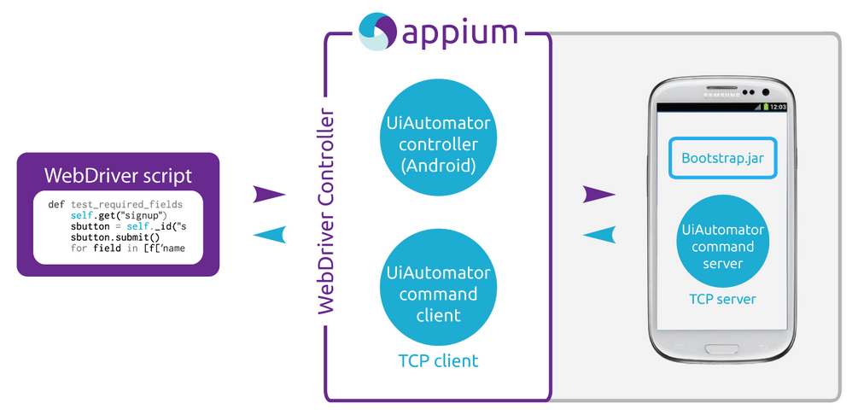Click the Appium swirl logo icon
tap(377, 32)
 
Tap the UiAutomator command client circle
tap(438, 294)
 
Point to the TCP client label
tap(438, 361)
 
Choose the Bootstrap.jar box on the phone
tap(722, 158)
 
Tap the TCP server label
tap(722, 299)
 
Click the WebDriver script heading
tap(118, 176)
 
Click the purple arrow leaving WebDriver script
tap(269, 195)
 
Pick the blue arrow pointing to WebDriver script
tap(270, 235)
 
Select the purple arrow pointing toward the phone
tap(599, 195)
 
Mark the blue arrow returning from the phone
tap(599, 235)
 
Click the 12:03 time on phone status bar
tap(778, 107)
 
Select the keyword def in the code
tap(56, 205)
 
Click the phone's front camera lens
tap(766, 92)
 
